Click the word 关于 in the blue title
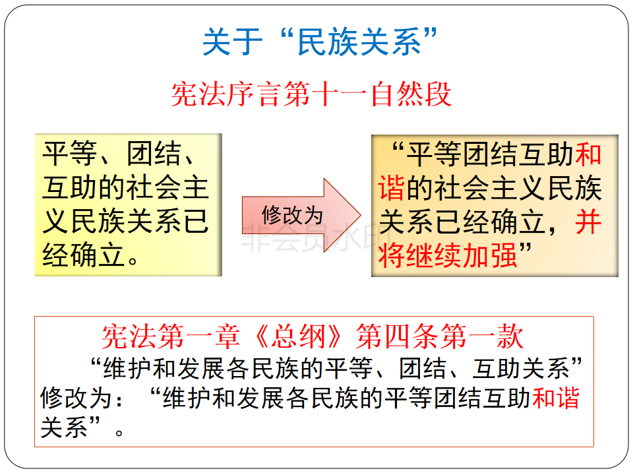pos(232,42)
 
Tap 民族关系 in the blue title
pos(359,42)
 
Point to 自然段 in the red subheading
pos(411,94)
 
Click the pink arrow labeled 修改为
pos(301,215)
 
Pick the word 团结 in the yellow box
pos(154,154)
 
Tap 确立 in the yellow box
pos(98,255)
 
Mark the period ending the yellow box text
pos(133,261)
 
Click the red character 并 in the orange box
pos(588,222)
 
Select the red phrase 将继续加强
pos(448,256)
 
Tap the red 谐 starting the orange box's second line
pos(392,188)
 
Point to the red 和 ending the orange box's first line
pos(588,154)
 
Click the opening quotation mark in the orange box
pos(398,148)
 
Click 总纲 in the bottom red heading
pos(298,336)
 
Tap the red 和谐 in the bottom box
pos(556,398)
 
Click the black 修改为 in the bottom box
pos(76,398)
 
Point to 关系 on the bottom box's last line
pos(64,427)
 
